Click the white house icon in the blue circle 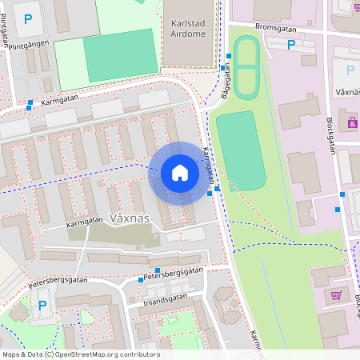180,173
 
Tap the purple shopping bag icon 352,123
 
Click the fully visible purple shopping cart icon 336,295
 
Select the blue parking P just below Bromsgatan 291,45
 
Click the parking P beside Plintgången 29,18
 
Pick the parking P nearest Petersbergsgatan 42,305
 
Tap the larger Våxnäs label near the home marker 130,218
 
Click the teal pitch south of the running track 240,150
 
